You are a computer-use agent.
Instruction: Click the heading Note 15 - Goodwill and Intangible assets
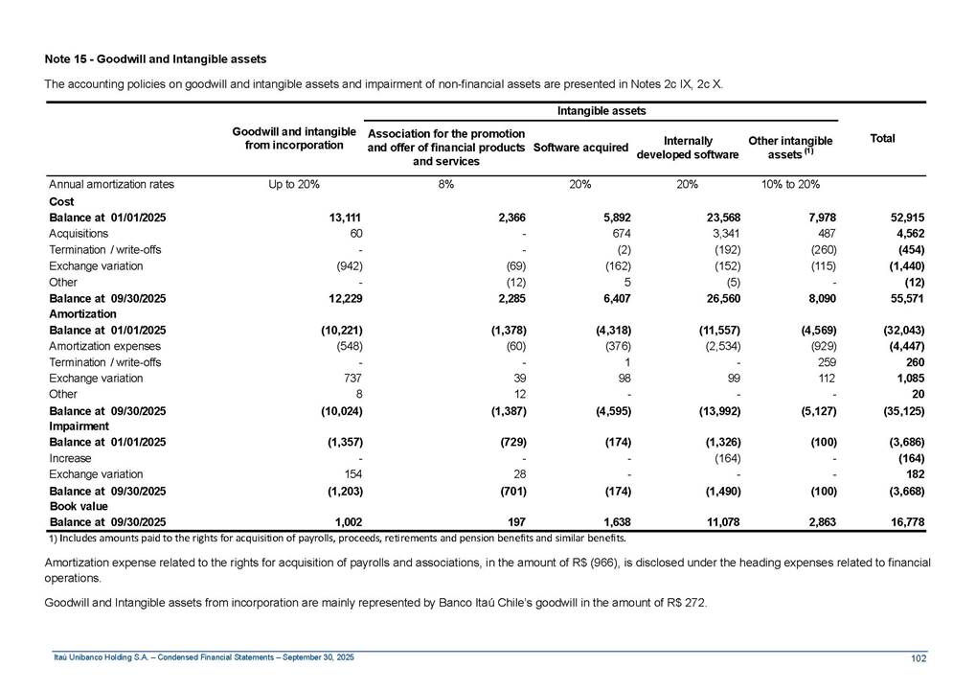(155, 60)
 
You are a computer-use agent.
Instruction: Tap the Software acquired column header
(580, 148)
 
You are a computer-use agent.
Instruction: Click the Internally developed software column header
(687, 148)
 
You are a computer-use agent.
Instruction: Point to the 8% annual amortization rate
(446, 183)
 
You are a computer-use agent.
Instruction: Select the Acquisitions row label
(79, 234)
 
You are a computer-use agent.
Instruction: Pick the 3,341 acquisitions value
(722, 234)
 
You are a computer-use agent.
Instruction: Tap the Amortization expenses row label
(105, 346)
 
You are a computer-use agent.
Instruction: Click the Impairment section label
(78, 426)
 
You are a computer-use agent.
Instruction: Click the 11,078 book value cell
(719, 521)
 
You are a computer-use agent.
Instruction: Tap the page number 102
(919, 656)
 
